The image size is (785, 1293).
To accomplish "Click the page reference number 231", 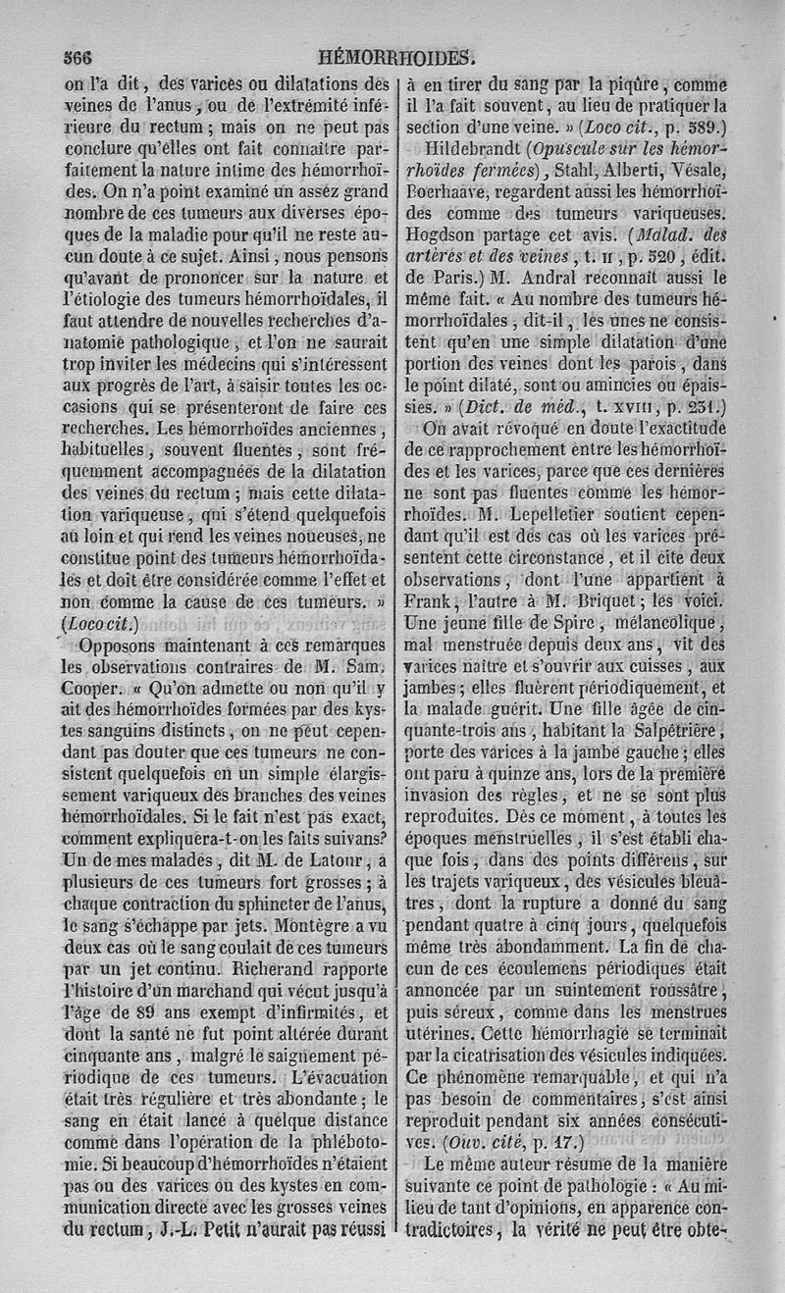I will point(701,404).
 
